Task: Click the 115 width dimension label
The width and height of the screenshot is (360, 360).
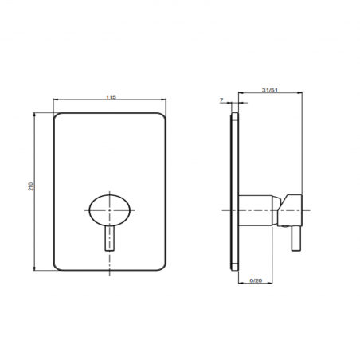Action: pos(111,96)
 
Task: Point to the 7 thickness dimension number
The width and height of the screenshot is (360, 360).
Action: pos(221,101)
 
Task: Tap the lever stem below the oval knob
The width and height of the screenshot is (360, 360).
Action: pos(110,241)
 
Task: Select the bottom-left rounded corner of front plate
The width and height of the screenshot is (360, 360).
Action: pos(58,265)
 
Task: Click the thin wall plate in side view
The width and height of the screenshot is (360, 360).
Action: pos(235,191)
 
